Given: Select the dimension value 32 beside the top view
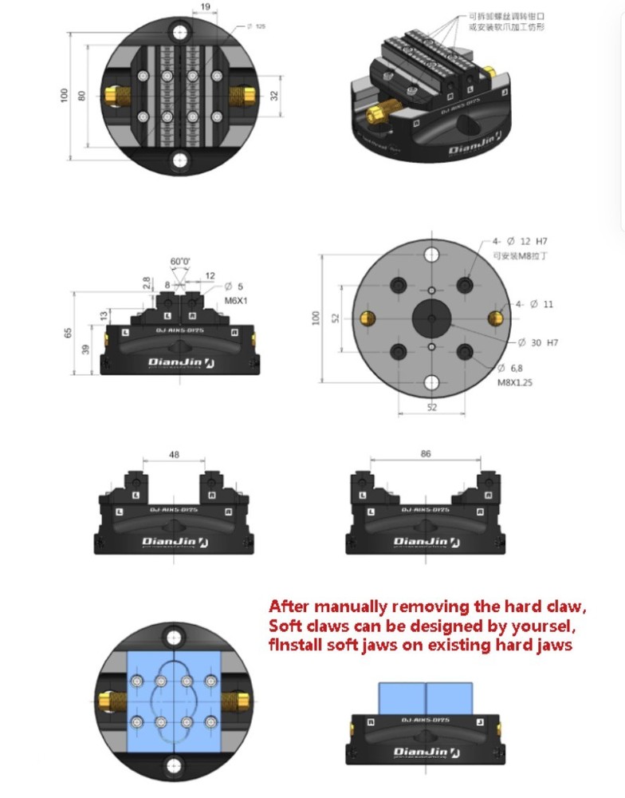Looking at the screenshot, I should tap(275, 95).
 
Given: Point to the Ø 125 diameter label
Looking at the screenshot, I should tap(257, 26).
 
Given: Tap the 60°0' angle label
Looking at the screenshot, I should tap(180, 261).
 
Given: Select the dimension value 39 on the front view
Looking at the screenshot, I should tap(85, 349).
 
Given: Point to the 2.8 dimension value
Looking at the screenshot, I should tap(146, 282).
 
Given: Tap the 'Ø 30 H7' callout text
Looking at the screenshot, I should tap(538, 342).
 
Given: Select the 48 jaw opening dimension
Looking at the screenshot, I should tap(174, 455).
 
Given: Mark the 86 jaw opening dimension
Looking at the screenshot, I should tap(425, 453).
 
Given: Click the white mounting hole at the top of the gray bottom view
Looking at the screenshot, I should tap(431, 255).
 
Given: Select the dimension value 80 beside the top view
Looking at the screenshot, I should tap(81, 95).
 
